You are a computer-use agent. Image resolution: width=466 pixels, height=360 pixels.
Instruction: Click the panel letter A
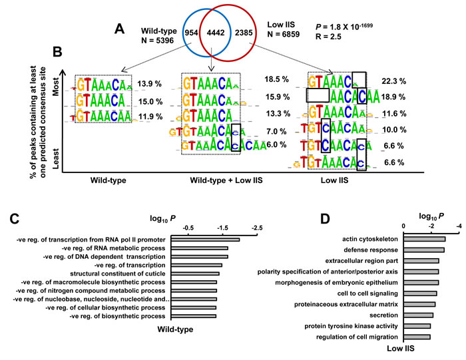(118, 29)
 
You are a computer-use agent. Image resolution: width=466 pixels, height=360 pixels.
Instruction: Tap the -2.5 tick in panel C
(256, 228)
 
